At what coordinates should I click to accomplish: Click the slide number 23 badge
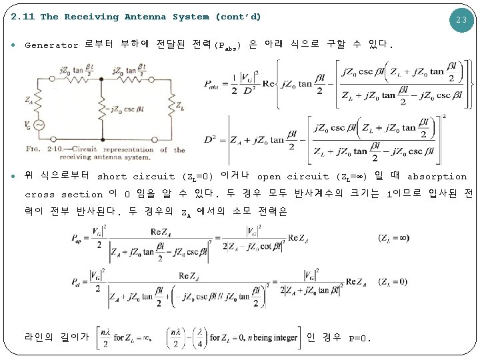coord(461,20)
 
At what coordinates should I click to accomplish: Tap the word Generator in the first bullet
coord(51,45)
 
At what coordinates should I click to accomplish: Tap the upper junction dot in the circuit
coord(101,77)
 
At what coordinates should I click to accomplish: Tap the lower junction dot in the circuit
coord(101,139)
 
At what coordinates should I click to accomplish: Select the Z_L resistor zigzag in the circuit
coord(171,107)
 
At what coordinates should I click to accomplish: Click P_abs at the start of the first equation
coord(211,85)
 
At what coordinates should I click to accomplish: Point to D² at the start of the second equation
coord(212,140)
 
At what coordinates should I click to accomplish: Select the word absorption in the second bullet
coord(437,177)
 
